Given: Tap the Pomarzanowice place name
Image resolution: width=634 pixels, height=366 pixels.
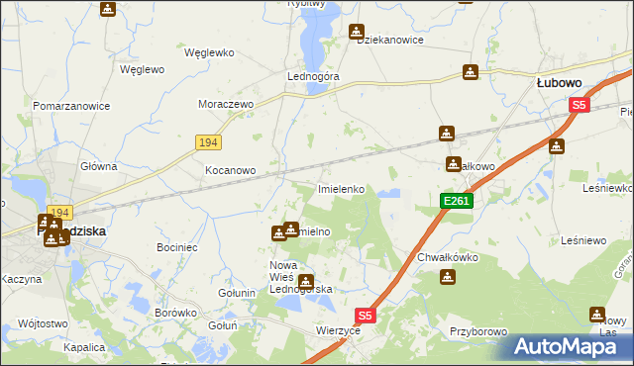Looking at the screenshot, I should tap(70, 105).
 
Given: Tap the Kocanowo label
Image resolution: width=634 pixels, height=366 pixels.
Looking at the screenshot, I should tap(230, 170).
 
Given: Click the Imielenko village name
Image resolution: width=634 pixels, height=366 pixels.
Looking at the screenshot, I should tap(342, 188).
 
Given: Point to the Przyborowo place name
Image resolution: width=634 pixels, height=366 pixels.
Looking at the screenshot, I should tap(478, 332).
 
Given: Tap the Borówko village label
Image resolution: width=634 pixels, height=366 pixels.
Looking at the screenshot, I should tap(174, 313).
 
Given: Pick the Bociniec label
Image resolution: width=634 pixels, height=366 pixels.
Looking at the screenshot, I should tap(178, 244).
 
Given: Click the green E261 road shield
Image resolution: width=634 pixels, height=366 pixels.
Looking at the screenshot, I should tap(457, 201).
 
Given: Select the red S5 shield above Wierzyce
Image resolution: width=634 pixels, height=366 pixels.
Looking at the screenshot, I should tap(366, 316).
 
